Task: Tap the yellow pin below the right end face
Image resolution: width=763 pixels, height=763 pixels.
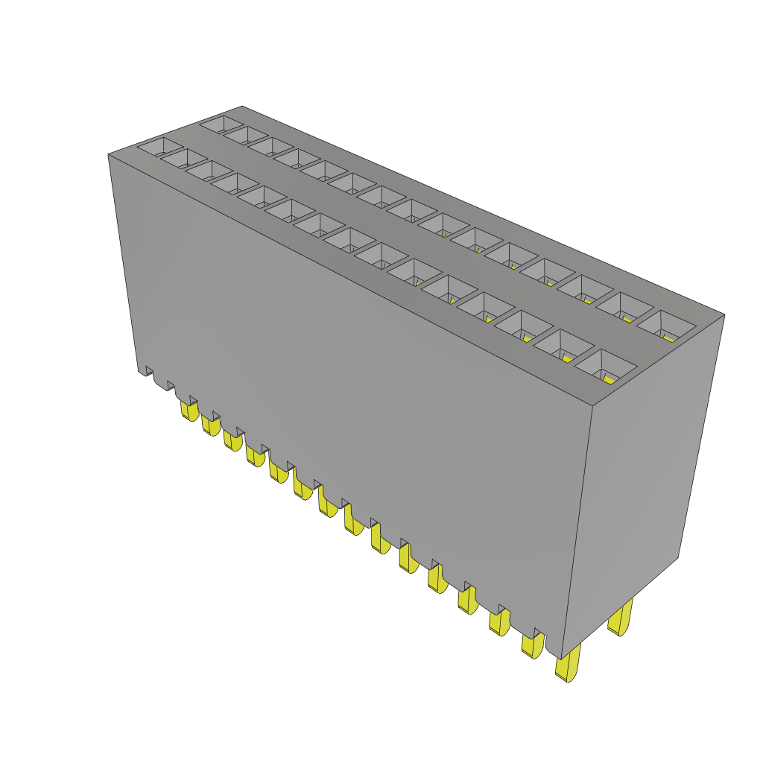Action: (620, 618)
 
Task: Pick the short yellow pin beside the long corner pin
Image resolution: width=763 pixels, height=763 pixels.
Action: (532, 645)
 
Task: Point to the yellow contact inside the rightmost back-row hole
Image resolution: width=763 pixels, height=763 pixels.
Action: (668, 337)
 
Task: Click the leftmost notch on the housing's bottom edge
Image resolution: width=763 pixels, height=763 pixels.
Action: (148, 370)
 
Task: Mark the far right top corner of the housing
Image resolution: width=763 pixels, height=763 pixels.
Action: (724, 314)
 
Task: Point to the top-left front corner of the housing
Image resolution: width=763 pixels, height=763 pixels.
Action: (109, 154)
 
